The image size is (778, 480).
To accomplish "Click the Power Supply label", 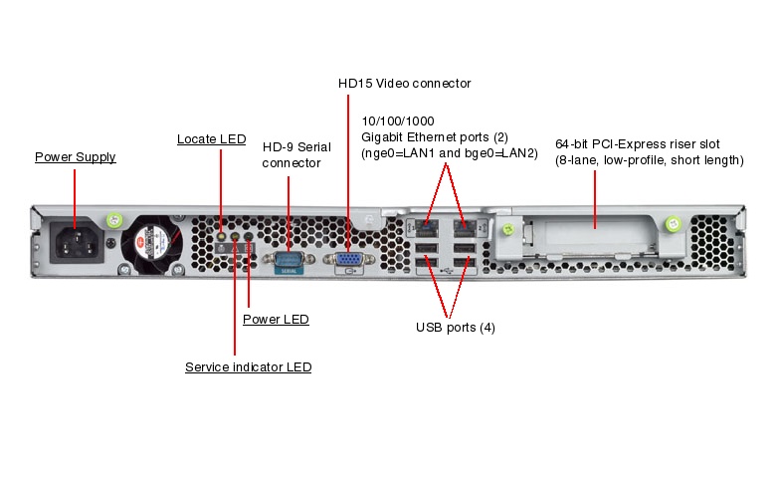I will click(75, 157).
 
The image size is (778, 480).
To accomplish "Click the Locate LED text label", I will click(211, 139).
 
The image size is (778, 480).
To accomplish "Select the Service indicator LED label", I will click(248, 367).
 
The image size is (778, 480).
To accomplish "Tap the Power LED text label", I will click(276, 320).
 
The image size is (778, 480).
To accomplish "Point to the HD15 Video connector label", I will click(404, 84).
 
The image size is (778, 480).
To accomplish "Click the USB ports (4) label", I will click(455, 327).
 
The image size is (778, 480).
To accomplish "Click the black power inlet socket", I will click(74, 241).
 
